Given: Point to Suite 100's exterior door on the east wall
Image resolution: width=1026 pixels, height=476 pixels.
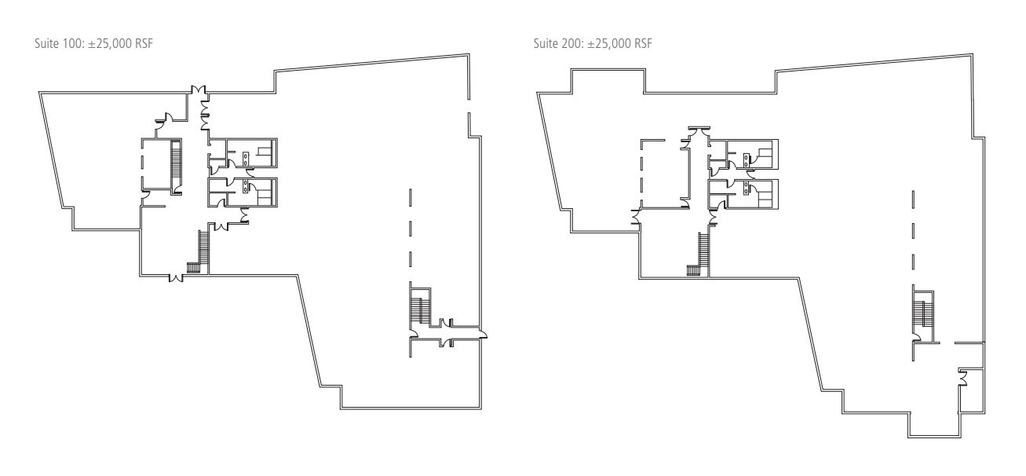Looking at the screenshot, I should (482, 335).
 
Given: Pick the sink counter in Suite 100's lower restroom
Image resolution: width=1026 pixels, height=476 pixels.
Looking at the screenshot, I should (246, 188).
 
